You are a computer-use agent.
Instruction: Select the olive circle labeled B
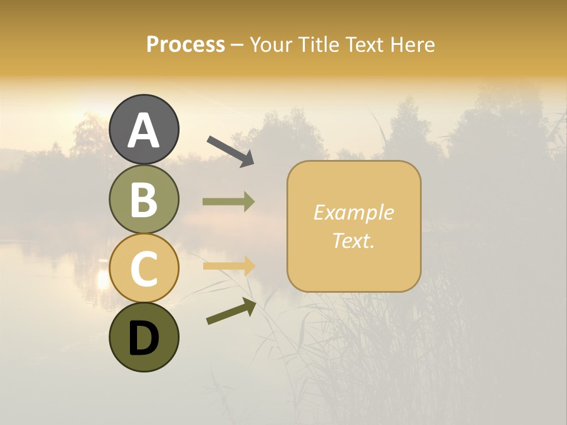(x=144, y=199)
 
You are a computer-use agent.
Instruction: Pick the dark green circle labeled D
(x=144, y=337)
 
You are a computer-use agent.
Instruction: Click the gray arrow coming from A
(x=230, y=151)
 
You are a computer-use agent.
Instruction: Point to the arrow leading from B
(x=229, y=202)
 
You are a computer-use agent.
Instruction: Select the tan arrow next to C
(x=229, y=266)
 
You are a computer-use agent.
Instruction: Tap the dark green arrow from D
(x=230, y=311)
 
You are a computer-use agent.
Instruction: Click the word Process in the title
(x=185, y=45)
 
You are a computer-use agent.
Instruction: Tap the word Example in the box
(x=353, y=212)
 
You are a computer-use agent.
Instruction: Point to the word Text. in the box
(x=353, y=240)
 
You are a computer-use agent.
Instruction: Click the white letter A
(x=144, y=130)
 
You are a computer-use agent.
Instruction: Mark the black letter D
(x=144, y=339)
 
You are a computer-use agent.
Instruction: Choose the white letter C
(x=144, y=269)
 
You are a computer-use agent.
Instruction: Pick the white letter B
(x=144, y=200)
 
